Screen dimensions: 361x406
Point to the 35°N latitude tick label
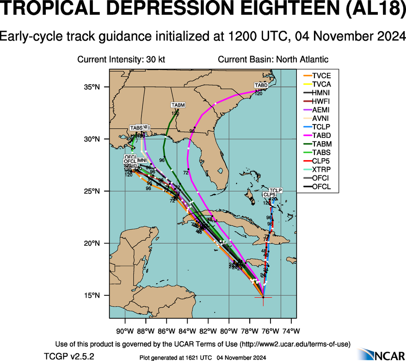(92, 87)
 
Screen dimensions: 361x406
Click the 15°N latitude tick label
(92, 295)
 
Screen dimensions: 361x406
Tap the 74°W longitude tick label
(291, 331)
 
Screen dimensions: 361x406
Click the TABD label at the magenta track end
(261, 86)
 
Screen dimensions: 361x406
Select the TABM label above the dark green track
(178, 105)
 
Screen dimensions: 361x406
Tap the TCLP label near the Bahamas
(276, 191)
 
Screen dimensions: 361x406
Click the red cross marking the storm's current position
(263, 297)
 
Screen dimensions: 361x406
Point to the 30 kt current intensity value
(155, 59)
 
